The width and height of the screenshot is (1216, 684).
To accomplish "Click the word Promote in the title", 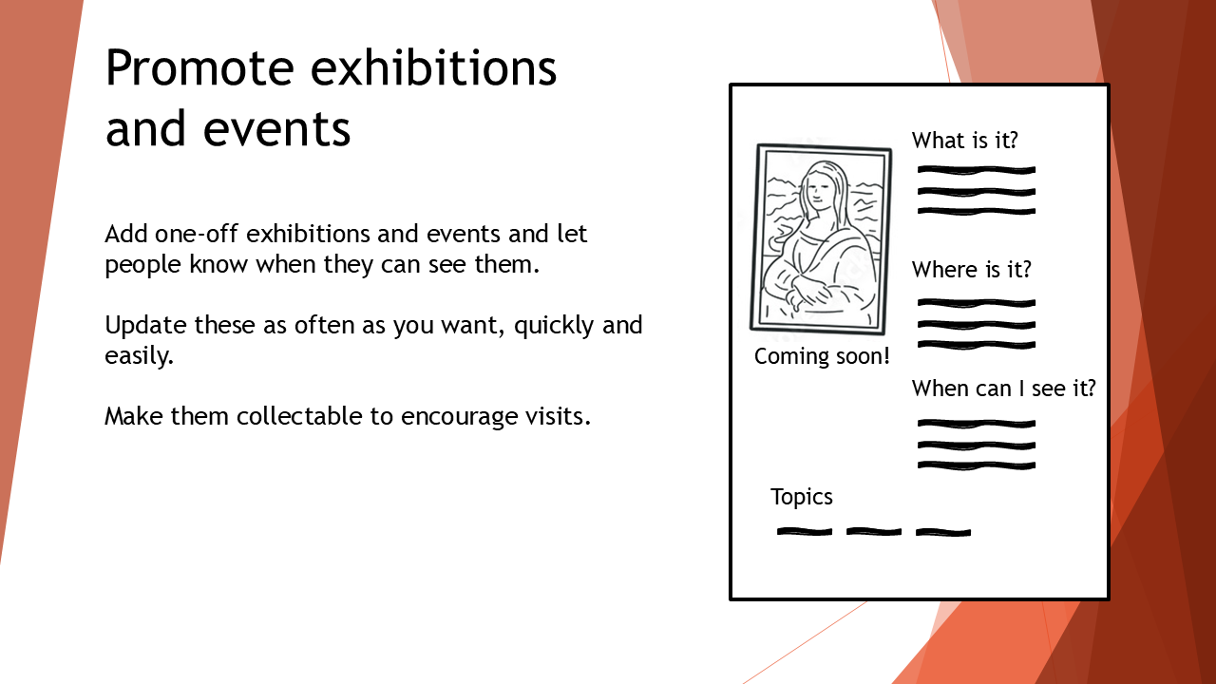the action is (199, 67).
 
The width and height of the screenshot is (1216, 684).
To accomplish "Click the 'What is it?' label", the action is (964, 140).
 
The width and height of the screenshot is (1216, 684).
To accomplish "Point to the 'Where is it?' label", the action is (971, 269).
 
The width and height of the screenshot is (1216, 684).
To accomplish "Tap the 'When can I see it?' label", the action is (1004, 389).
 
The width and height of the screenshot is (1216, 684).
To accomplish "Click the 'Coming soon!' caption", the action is (822, 356).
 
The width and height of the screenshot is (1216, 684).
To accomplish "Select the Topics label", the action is (801, 497).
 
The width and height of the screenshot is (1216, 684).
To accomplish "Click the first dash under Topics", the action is (805, 531).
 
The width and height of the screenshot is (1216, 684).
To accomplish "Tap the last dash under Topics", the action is (943, 532).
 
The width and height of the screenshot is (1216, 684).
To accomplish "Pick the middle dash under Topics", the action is (874, 531).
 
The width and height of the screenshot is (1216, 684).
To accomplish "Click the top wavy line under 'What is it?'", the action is (977, 170).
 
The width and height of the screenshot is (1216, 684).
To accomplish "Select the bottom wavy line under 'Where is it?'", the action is (977, 345).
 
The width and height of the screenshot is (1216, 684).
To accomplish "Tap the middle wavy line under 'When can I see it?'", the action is (977, 446).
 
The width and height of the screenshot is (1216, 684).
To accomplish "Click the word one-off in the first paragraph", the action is (196, 234).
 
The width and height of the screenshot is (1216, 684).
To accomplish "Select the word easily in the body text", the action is (139, 356).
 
